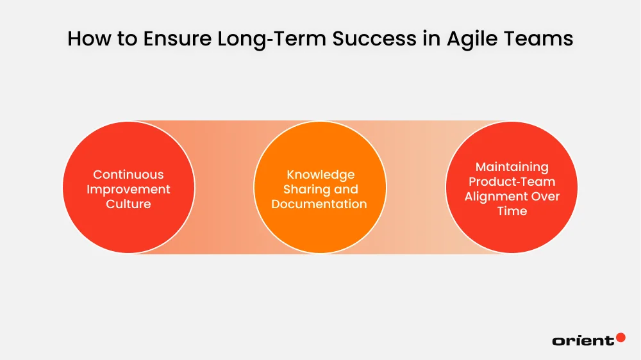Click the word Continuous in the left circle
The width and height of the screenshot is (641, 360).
(128, 174)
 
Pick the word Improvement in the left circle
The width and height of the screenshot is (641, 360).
(128, 189)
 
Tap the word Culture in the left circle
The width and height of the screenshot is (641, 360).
(128, 204)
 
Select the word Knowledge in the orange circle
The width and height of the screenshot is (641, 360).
(320, 174)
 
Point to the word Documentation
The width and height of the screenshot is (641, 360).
(319, 204)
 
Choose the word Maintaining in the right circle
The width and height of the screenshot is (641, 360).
(512, 167)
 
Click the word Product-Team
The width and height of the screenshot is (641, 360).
(512, 182)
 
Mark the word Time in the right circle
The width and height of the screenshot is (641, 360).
(512, 211)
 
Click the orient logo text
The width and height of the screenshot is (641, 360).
(583, 341)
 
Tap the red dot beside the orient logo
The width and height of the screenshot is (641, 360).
(620, 337)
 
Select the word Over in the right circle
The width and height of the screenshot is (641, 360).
(544, 197)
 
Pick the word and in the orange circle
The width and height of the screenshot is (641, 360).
(345, 189)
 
